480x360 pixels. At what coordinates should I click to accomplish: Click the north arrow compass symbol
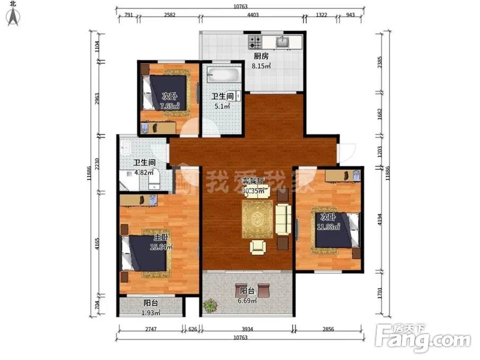tap(13, 17)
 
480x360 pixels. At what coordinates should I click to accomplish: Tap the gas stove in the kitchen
tap(255, 42)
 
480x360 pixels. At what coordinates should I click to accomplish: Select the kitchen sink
tap(282, 42)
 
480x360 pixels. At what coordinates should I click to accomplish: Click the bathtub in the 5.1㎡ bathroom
tap(223, 75)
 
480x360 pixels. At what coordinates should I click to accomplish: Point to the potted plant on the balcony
tap(210, 305)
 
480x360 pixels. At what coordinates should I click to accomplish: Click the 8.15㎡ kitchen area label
tap(261, 66)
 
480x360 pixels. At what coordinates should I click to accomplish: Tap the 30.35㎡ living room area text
tap(253, 191)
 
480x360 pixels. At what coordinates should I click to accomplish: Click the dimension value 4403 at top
tap(253, 15)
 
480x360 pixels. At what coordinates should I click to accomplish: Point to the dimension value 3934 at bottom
tap(247, 329)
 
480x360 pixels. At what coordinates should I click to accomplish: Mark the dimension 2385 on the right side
tap(380, 62)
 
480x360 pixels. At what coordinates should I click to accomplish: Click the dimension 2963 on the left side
tap(97, 99)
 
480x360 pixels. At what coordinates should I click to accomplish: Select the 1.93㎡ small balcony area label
tap(151, 313)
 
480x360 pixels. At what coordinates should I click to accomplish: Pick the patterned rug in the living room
tap(257, 219)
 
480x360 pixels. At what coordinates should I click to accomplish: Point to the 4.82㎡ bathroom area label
tap(144, 172)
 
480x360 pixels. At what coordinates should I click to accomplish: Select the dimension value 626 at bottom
tap(192, 329)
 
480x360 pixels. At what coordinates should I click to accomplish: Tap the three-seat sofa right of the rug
tap(283, 219)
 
